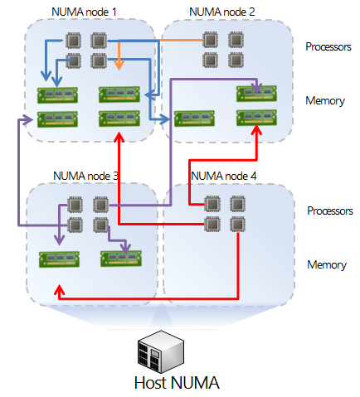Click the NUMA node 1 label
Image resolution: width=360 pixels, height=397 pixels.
(x=84, y=12)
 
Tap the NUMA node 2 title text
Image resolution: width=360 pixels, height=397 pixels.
(x=222, y=12)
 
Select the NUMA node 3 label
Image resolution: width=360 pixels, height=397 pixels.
(x=85, y=176)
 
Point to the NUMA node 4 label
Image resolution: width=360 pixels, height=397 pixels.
(x=224, y=176)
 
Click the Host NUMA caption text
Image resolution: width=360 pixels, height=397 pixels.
(x=177, y=383)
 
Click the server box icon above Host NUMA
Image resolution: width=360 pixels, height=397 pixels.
(x=161, y=351)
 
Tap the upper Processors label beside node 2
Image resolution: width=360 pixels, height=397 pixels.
(x=328, y=46)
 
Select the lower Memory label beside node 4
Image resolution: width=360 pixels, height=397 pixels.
(x=327, y=264)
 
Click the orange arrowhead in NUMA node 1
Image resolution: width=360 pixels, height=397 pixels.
(x=119, y=65)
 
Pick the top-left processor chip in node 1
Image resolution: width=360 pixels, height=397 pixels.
(x=73, y=41)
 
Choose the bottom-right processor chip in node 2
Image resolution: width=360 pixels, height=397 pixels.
(x=236, y=60)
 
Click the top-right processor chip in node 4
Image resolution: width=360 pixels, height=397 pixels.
(x=237, y=204)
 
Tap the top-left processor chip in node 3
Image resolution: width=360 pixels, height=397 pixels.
(x=75, y=205)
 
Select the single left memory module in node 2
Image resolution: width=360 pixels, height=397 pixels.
(x=194, y=119)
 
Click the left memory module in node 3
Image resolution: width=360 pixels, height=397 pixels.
(x=59, y=259)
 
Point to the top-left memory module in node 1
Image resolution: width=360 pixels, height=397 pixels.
(x=57, y=95)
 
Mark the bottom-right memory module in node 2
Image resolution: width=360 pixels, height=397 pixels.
(x=256, y=118)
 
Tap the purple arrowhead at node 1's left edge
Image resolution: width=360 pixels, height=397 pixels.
(x=27, y=119)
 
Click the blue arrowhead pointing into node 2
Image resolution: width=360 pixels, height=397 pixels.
(x=164, y=119)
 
